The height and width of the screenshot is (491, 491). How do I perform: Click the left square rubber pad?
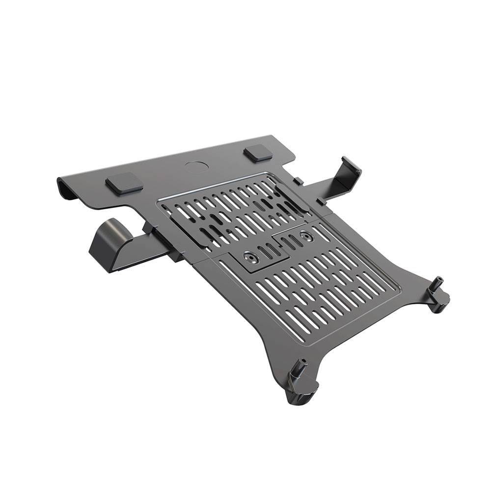pyautogui.click(x=124, y=183)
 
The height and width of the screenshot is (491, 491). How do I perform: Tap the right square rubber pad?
pyautogui.click(x=258, y=153)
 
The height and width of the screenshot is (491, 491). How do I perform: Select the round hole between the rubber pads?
pyautogui.click(x=196, y=165)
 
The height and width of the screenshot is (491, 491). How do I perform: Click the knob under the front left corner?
pyautogui.click(x=297, y=397)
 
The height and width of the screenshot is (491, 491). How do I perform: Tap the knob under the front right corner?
pyautogui.click(x=438, y=305)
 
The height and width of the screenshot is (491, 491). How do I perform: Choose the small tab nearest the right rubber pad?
pyautogui.click(x=298, y=181)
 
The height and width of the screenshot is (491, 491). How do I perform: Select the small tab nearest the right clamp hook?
pyautogui.click(x=320, y=201)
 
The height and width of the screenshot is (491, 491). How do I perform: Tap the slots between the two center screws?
pyautogui.click(x=279, y=246)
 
